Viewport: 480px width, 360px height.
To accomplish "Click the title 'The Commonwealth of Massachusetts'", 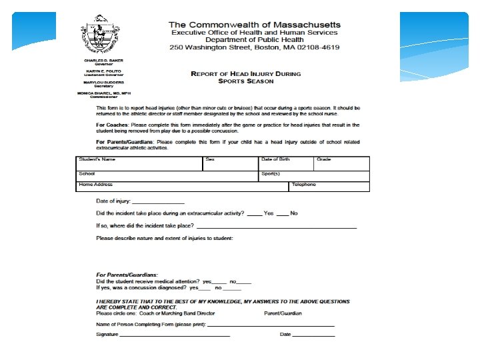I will [255, 24].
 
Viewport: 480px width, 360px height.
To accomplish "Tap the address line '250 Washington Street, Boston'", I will [255, 48].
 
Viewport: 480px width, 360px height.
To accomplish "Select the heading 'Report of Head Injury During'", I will [246, 73].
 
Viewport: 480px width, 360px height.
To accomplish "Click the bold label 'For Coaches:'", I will [112, 124].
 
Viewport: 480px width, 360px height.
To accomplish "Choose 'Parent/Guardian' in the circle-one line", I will [283, 313].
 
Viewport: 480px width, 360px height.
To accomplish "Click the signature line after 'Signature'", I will [175, 335].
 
